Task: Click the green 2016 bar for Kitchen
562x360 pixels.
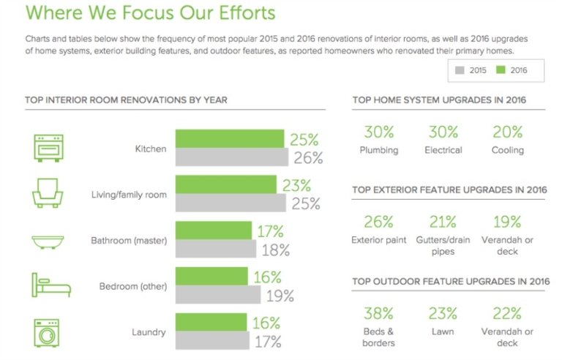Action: tap(229, 139)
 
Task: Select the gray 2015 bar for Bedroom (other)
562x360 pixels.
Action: tap(218, 295)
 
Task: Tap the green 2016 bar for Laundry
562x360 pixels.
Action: tap(212, 323)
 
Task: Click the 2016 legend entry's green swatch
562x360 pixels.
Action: tap(501, 70)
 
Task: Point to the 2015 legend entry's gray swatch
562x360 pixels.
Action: tap(460, 70)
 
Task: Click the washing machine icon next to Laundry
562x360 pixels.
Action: tap(45, 332)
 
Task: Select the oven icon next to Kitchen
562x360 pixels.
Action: tap(45, 149)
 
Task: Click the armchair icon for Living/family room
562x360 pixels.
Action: tap(45, 195)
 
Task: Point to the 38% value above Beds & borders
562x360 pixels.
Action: tap(378, 314)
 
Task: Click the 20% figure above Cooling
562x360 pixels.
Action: tap(507, 132)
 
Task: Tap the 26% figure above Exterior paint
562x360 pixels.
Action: tap(378, 222)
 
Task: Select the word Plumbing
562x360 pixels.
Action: tap(378, 150)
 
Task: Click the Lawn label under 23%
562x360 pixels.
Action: tap(443, 331)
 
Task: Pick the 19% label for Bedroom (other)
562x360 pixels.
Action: tap(280, 296)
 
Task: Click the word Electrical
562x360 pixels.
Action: tap(443, 150)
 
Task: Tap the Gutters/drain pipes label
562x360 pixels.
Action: tap(443, 246)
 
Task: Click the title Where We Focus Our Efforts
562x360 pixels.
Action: tap(150, 13)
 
